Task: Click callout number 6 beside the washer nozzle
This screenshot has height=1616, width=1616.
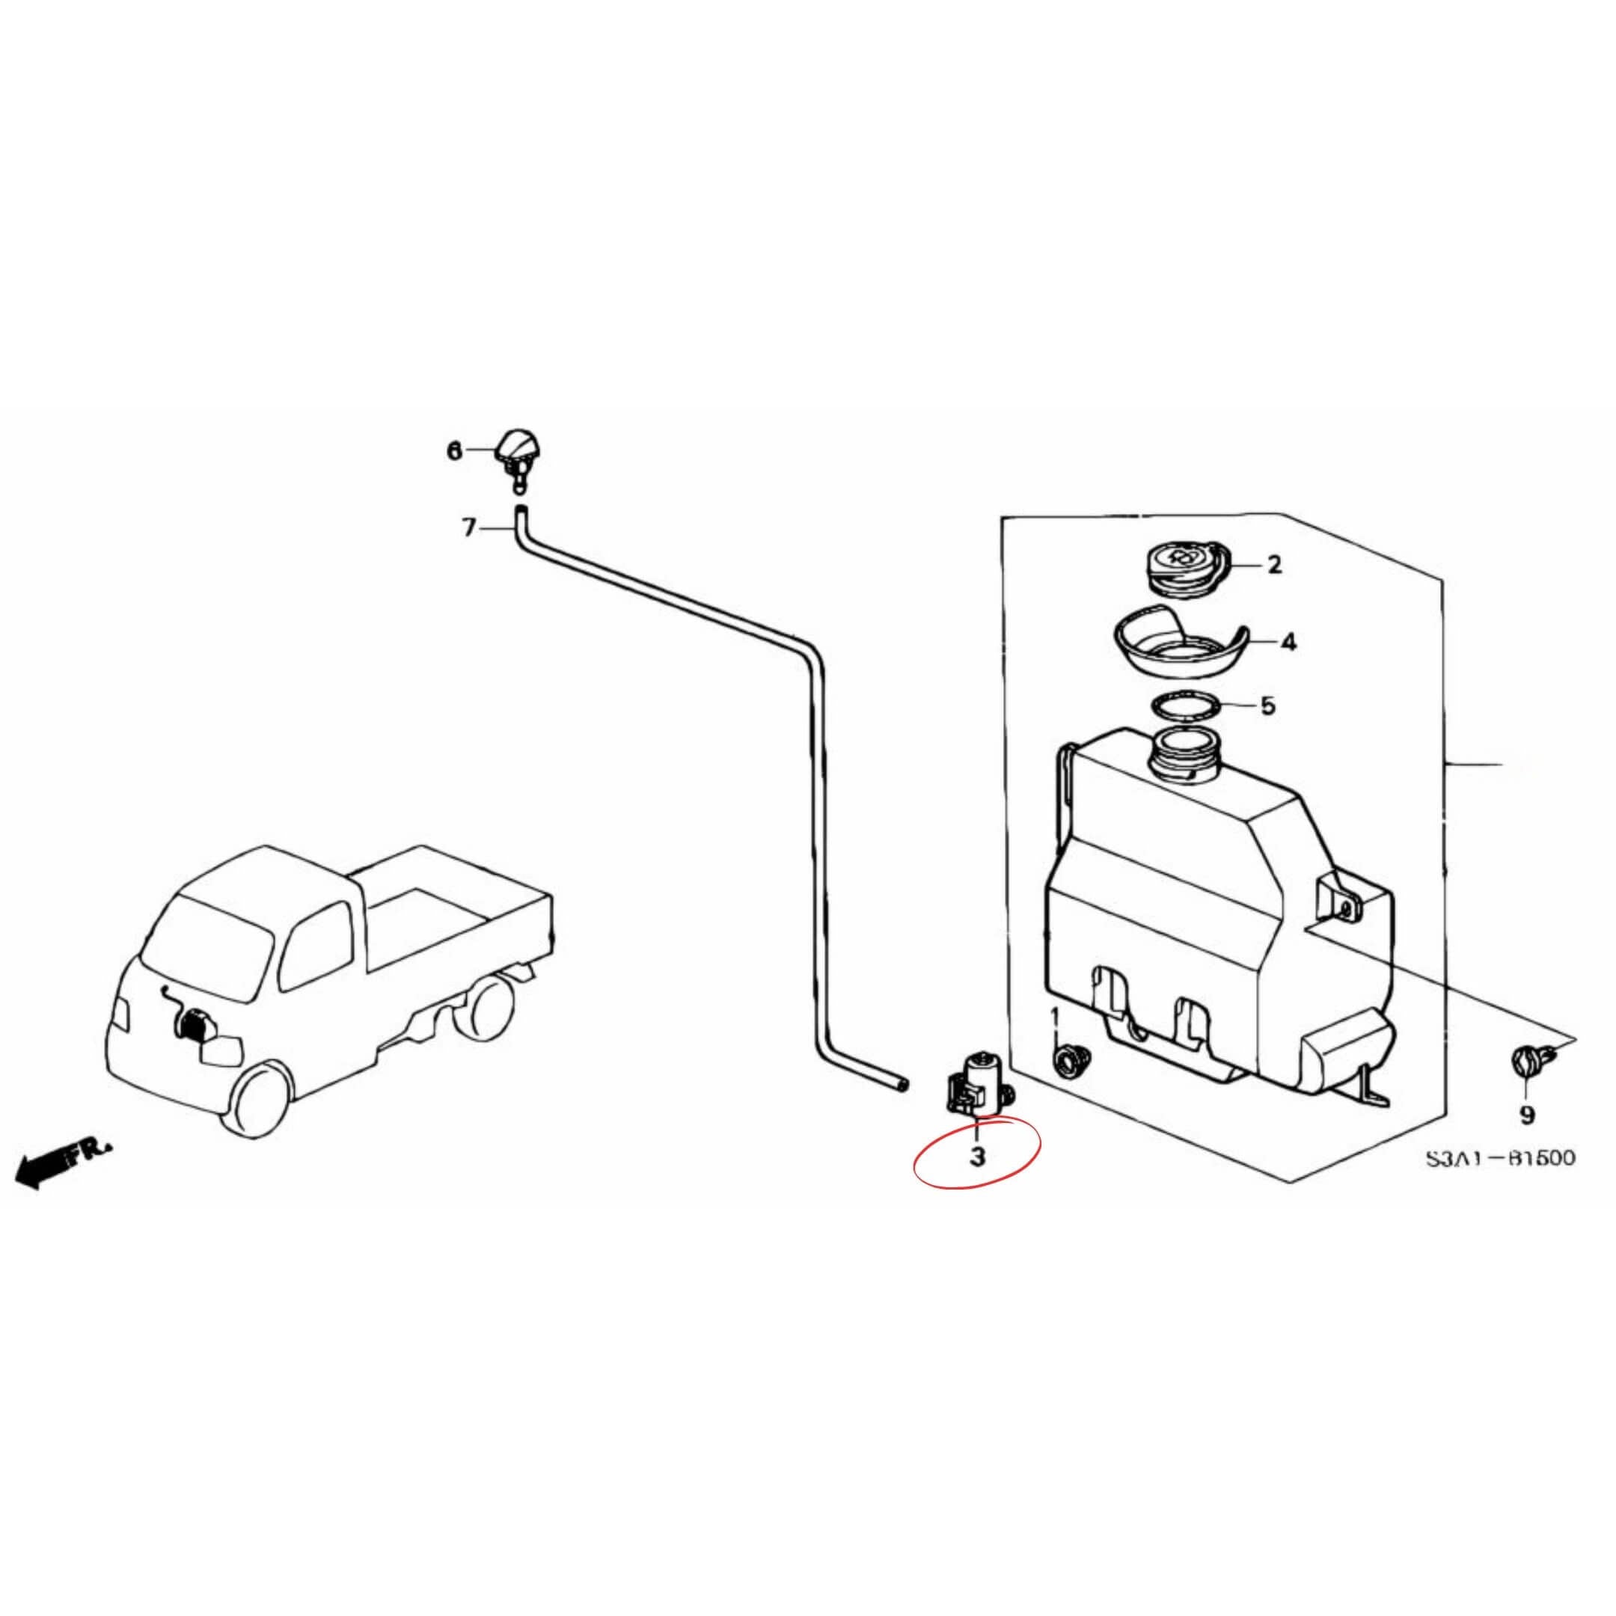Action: tap(454, 452)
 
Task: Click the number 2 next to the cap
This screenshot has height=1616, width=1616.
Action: tap(1274, 565)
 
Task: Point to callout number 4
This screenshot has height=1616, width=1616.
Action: tap(1288, 643)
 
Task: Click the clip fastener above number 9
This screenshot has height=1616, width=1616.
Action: tap(1528, 1062)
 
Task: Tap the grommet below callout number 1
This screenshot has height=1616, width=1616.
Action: tap(1068, 1062)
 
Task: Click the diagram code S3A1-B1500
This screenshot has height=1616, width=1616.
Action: tap(1501, 1157)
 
